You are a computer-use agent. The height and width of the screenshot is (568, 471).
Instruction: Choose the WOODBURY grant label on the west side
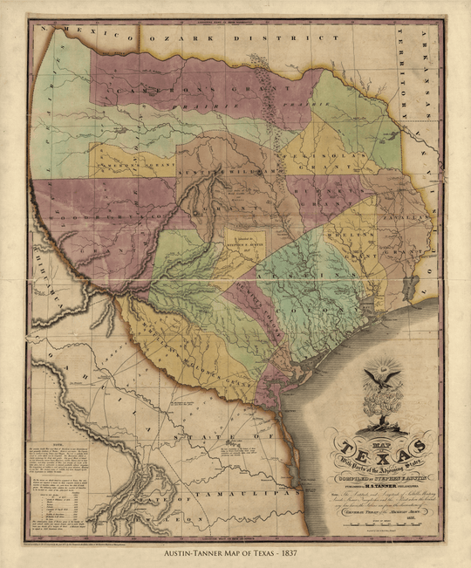pyautogui.click(x=83, y=215)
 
